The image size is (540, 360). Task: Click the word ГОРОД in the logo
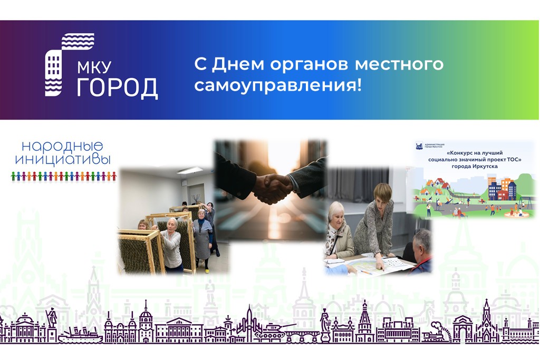tap(117, 88)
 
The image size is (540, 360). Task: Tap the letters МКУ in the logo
tap(98, 67)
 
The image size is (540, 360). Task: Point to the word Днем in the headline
tap(236, 64)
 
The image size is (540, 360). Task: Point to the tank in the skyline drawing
tap(272, 332)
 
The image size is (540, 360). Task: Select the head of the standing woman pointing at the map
tap(382, 193)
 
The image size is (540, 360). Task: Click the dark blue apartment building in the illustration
tap(495, 190)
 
